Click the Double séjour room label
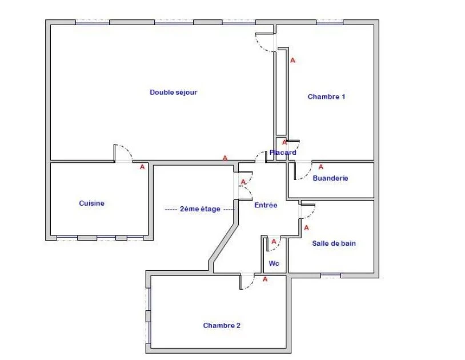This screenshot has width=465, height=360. click(x=174, y=93)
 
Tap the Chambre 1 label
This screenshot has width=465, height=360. click(x=326, y=97)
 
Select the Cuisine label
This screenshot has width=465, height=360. click(x=91, y=203)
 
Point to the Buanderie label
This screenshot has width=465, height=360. click(x=330, y=178)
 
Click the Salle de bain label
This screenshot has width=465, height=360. click(x=334, y=243)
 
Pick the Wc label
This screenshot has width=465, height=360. click(x=274, y=263)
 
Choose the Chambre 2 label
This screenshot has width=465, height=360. click(x=222, y=326)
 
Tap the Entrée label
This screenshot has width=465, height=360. click(x=266, y=205)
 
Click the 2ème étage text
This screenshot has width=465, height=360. click(x=200, y=209)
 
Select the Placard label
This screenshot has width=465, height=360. click(x=283, y=153)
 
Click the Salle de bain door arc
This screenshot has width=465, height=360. click(x=311, y=214)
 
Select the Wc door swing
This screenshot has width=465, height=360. click(x=277, y=247)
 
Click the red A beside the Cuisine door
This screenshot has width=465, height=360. click(x=142, y=167)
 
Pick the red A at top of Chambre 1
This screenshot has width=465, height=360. click(x=292, y=61)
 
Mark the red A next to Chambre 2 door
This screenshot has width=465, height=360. click(x=265, y=279)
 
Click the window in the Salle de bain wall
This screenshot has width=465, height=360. click(x=331, y=275)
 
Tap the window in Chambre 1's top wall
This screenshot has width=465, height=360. click(x=330, y=22)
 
